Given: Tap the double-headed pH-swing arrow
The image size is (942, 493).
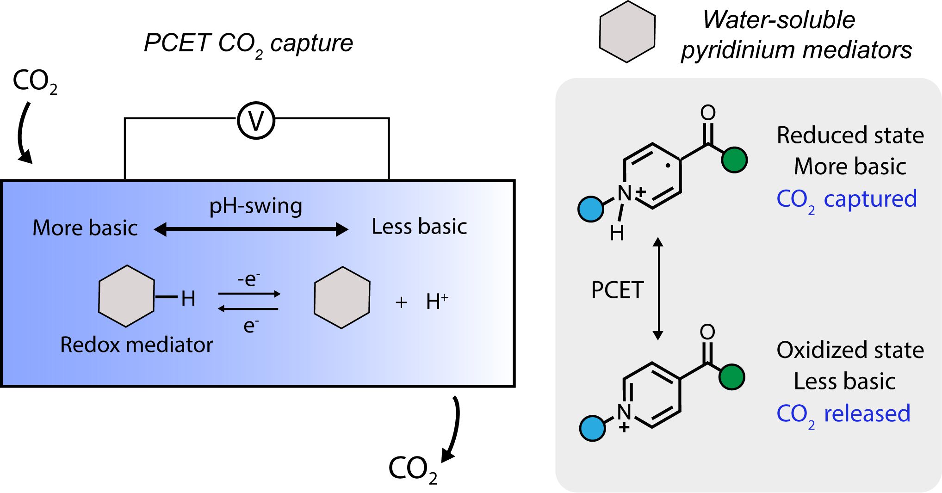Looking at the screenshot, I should (x=251, y=229).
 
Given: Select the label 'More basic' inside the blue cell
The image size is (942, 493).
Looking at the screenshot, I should (x=85, y=228).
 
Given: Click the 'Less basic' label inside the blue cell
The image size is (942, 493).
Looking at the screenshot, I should (x=419, y=227).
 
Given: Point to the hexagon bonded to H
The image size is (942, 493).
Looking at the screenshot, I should (x=126, y=296).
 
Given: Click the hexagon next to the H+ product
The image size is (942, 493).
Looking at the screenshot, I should (x=342, y=297).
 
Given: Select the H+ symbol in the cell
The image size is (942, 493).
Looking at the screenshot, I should (x=436, y=302).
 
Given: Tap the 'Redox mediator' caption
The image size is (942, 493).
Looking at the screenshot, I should (x=136, y=345).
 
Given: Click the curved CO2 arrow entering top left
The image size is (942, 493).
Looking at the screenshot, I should (x=23, y=134).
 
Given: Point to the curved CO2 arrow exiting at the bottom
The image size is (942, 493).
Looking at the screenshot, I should (x=452, y=430).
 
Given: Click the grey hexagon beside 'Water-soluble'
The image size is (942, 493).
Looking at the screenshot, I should (x=627, y=31).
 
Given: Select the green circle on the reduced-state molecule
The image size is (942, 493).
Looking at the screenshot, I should (x=734, y=160).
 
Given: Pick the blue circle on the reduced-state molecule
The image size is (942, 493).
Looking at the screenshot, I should (x=591, y=209).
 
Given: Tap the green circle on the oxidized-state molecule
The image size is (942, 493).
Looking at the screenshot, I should (x=731, y=377).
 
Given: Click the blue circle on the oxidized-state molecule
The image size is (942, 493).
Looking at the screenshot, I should (x=592, y=428).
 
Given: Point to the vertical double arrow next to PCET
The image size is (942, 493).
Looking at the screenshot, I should (x=658, y=289).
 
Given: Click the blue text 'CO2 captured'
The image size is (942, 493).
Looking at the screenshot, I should (x=846, y=199).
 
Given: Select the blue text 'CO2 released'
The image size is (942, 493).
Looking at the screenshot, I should (x=843, y=414).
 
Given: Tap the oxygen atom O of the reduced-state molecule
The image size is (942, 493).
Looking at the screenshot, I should (x=708, y=112).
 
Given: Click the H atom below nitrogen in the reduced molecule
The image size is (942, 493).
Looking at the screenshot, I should (x=617, y=233).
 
